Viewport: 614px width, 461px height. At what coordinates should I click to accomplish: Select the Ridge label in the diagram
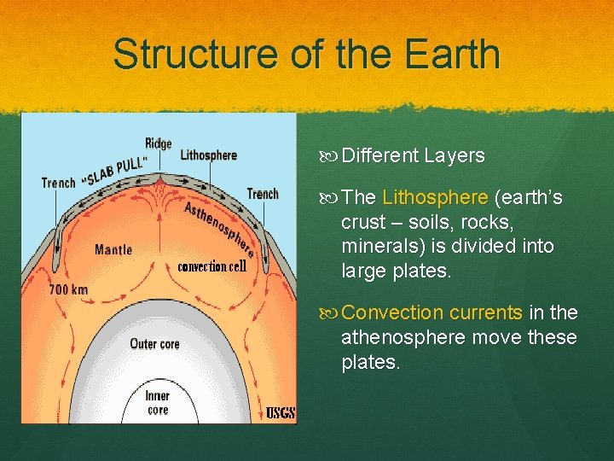(159, 143)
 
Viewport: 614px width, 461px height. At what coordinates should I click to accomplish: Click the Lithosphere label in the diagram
(208, 155)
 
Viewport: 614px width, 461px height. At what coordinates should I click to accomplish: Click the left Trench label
(59, 183)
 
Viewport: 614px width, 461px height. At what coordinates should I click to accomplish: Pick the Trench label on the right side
(263, 194)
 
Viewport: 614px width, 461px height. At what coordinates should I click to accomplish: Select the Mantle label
(113, 250)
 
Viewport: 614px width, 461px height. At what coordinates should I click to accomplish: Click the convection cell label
(211, 266)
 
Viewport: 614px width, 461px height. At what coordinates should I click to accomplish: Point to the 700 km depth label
(68, 289)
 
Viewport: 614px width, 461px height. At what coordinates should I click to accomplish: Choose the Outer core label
(154, 343)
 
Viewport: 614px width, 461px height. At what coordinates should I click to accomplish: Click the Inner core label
(157, 403)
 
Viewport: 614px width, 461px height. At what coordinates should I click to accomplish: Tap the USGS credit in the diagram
(281, 413)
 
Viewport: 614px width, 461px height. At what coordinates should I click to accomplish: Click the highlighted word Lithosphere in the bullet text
(435, 198)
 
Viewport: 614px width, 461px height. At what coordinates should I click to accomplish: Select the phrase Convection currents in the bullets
(432, 313)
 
